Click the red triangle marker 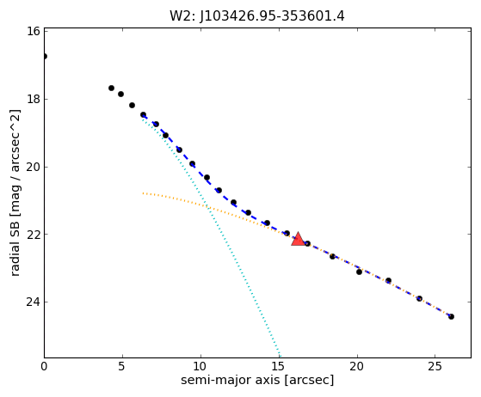298,239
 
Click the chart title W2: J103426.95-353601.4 257,16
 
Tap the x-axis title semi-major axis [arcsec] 257,380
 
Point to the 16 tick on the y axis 34,31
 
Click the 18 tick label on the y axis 34,100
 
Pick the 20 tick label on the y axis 34,167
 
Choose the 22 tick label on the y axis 34,235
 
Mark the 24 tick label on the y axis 34,302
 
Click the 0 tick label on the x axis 45,366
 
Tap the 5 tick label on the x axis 122,366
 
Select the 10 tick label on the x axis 200,366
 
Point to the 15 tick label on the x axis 279,366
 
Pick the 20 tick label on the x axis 357,366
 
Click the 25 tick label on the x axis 435,366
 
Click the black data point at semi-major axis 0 45,57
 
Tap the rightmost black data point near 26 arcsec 451,316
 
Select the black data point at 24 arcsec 419,298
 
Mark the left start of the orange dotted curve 143,193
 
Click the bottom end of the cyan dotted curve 279,357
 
